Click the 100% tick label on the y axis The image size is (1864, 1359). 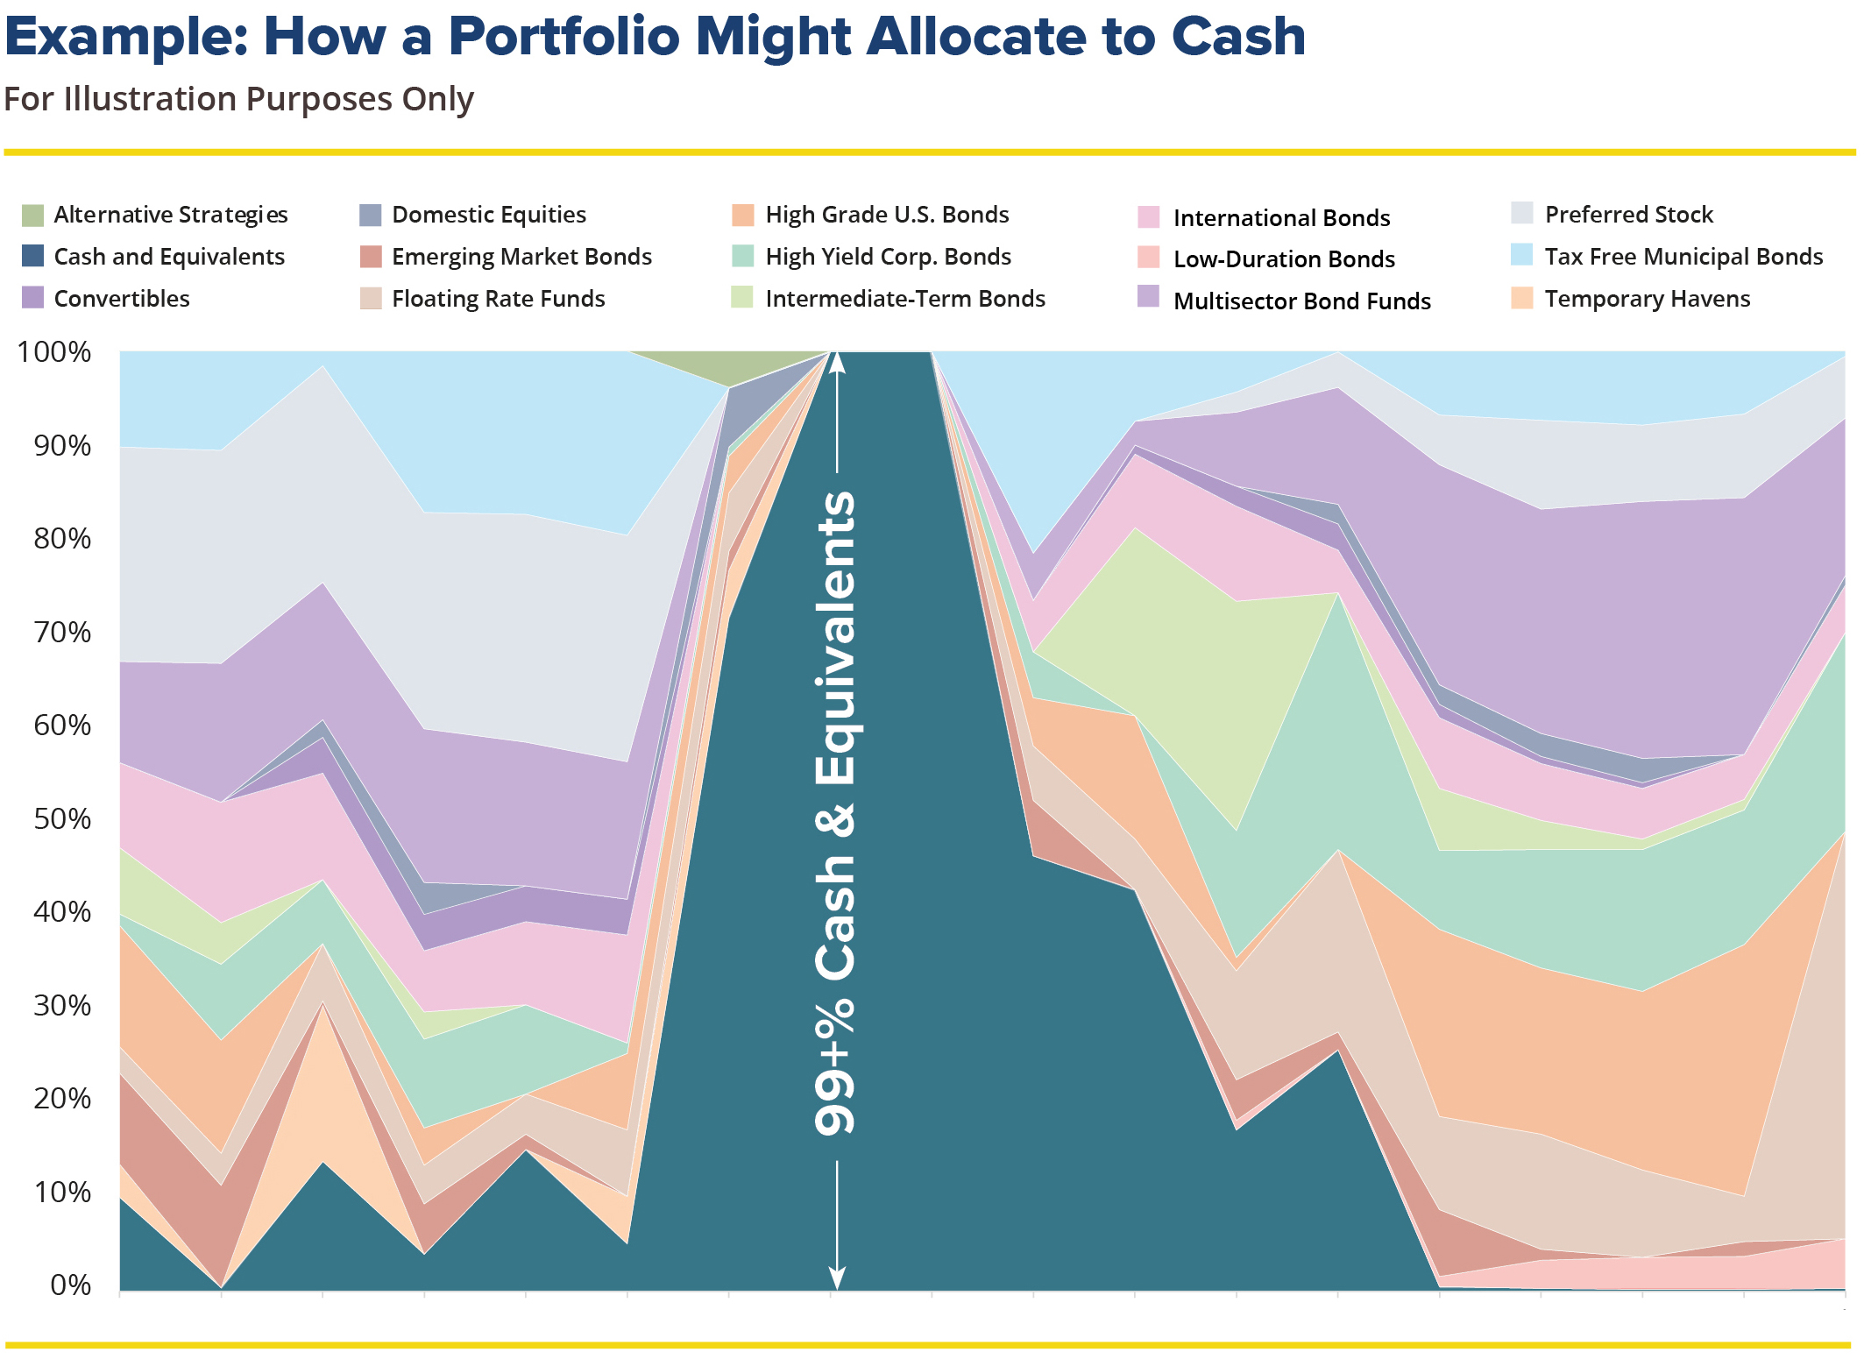pos(54,352)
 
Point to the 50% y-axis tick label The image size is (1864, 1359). pos(62,819)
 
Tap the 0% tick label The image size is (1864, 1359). pos(70,1285)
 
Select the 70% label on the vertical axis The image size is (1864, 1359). pos(62,633)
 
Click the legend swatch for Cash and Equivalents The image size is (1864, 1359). pos(32,256)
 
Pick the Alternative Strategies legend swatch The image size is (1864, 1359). pos(32,215)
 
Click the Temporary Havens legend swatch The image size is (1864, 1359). pos(1522,298)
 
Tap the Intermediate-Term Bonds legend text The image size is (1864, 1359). pos(905,299)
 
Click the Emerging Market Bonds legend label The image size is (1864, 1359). pos(521,257)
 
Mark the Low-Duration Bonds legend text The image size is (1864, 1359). pos(1284,259)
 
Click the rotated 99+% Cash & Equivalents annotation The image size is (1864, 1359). pos(836,815)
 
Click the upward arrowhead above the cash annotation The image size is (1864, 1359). pos(837,361)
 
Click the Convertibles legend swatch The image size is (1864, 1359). pos(32,298)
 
